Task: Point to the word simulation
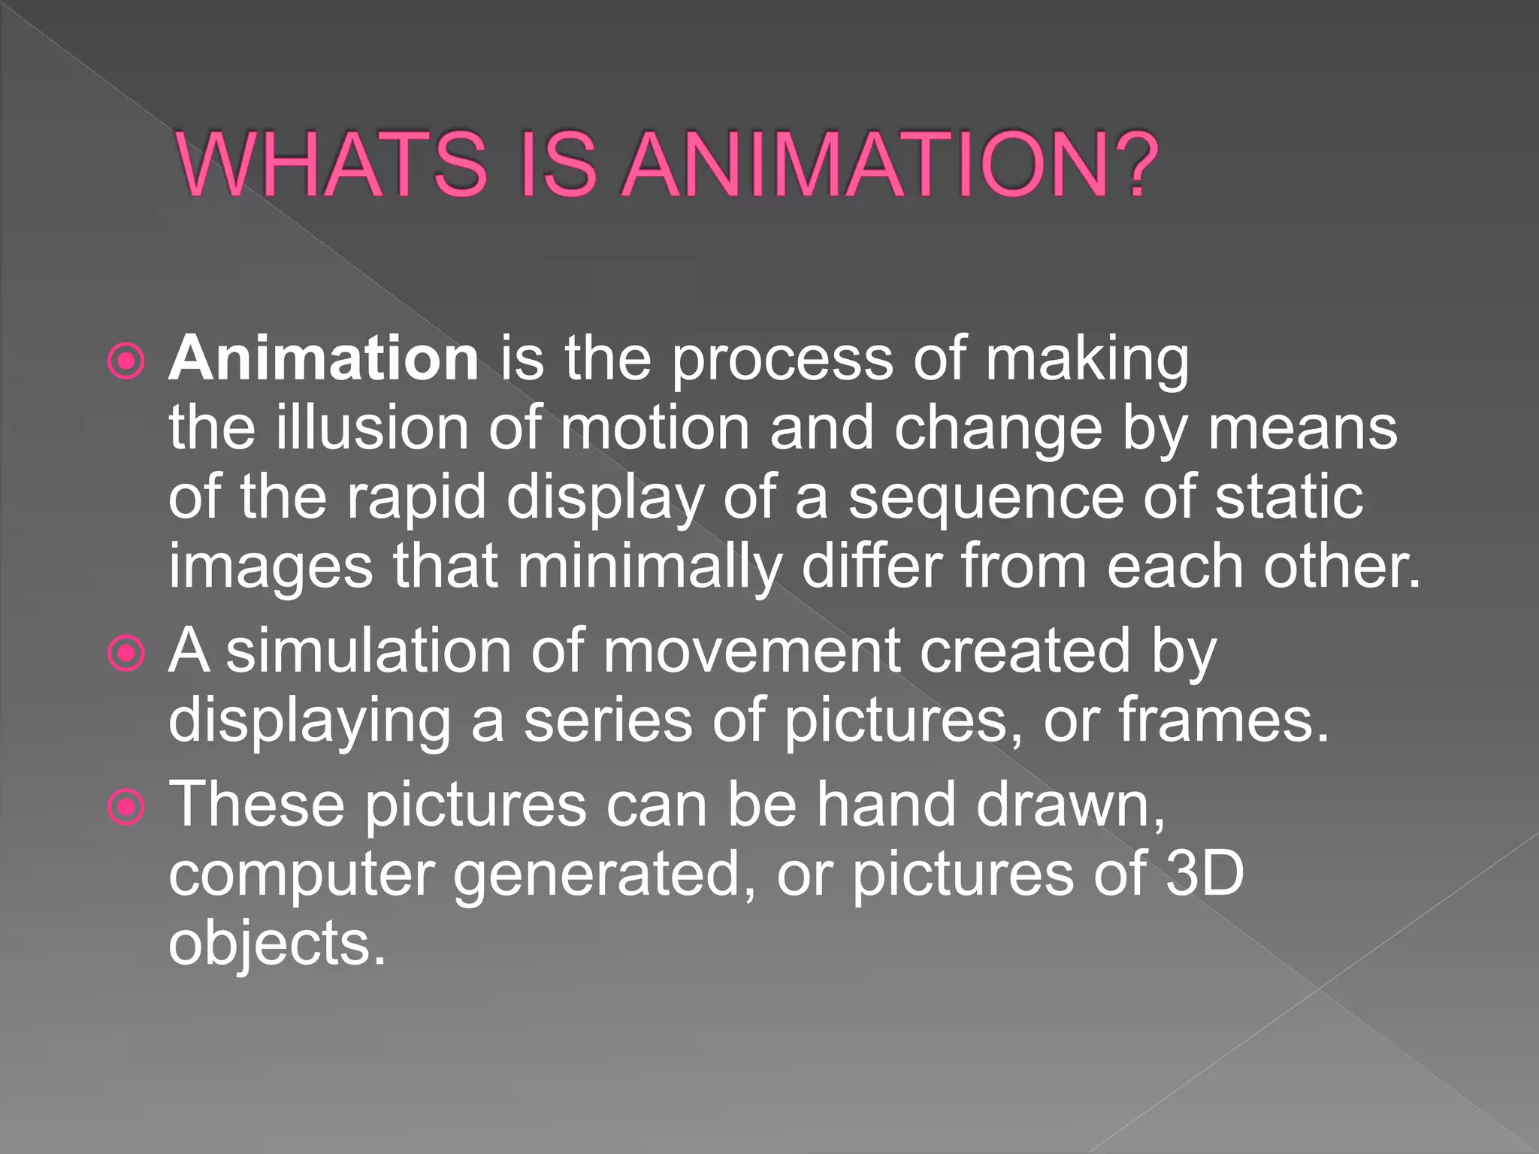369,650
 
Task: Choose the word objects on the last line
277,943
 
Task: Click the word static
1288,497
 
